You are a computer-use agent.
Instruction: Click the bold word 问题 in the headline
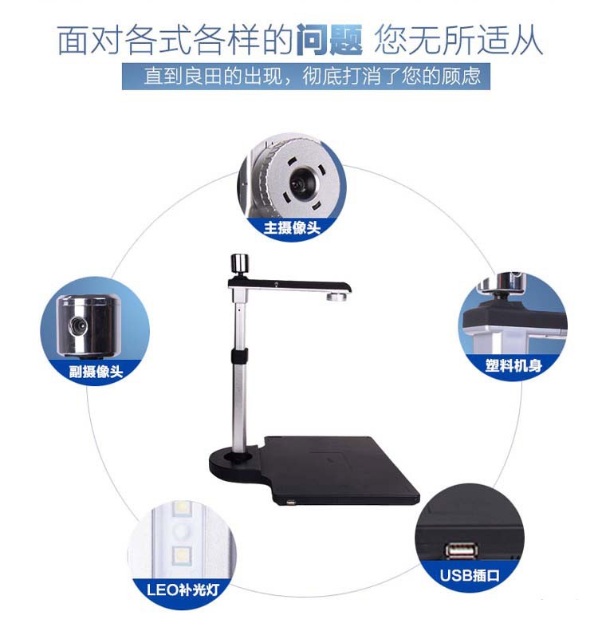tap(329, 39)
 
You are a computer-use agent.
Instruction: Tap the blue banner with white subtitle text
tap(305, 76)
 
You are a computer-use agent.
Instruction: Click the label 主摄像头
tap(292, 227)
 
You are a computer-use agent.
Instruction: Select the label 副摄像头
tap(96, 372)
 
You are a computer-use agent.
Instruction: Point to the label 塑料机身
tap(513, 365)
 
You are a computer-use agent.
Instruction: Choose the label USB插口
tap(470, 575)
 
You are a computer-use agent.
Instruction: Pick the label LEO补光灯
tap(183, 589)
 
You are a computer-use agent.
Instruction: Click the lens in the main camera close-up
tap(300, 185)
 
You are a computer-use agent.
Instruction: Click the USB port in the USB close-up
tap(462, 550)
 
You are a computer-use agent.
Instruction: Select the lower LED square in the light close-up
tap(183, 554)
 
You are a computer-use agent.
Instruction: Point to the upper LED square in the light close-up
tap(183, 508)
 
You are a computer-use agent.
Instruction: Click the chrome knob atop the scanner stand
tap(239, 263)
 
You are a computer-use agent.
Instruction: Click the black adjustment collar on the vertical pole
tap(239, 357)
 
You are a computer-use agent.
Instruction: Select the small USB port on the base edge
tap(291, 503)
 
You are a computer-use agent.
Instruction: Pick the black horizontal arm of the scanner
tap(289, 285)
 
